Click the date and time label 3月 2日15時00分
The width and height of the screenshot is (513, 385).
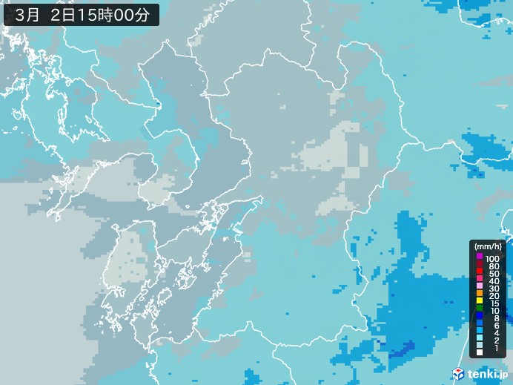click(x=81, y=13)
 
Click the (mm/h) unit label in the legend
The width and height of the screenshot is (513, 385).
click(x=489, y=246)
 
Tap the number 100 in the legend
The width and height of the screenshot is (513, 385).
click(x=492, y=257)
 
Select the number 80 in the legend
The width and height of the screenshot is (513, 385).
click(x=491, y=265)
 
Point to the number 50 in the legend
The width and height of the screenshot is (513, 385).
click(x=491, y=274)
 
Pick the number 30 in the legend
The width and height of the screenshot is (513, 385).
click(x=491, y=290)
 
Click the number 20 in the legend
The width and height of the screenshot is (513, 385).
click(x=491, y=298)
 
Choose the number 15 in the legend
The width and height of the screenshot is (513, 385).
click(x=491, y=306)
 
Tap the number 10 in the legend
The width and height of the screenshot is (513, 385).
click(x=491, y=315)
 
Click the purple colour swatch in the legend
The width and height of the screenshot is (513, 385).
click(x=480, y=257)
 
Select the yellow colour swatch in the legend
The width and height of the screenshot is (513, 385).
click(x=480, y=298)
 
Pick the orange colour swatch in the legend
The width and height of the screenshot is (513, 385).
click(x=480, y=290)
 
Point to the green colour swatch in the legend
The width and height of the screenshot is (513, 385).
click(x=480, y=306)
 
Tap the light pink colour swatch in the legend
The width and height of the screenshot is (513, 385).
click(x=480, y=282)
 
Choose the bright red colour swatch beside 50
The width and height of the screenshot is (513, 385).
click(x=480, y=274)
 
